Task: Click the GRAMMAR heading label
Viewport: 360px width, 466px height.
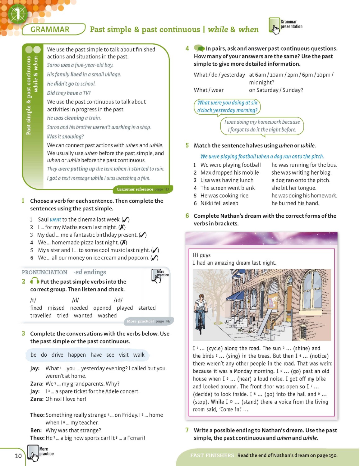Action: [x=50, y=30]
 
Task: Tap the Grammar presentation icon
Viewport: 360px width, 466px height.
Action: [x=275, y=25]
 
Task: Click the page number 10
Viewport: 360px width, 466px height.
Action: [x=18, y=456]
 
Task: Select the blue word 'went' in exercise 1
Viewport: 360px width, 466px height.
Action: [x=55, y=219]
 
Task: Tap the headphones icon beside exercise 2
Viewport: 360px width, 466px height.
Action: [x=35, y=281]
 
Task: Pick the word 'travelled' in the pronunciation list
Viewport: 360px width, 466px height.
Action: [x=41, y=315]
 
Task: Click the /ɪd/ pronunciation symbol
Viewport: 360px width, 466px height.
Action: [x=118, y=300]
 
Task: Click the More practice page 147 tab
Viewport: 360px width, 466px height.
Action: [x=149, y=321]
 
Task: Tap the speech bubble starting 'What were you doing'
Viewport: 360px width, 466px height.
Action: [x=227, y=107]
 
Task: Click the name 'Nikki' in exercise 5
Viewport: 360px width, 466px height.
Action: [x=207, y=203]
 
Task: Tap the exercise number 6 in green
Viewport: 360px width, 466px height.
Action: [x=187, y=216]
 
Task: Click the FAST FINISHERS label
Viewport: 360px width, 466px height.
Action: [x=212, y=455]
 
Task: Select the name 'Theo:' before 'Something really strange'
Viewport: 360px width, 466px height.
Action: [x=37, y=415]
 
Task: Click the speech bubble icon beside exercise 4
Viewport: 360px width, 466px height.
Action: [x=199, y=48]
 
